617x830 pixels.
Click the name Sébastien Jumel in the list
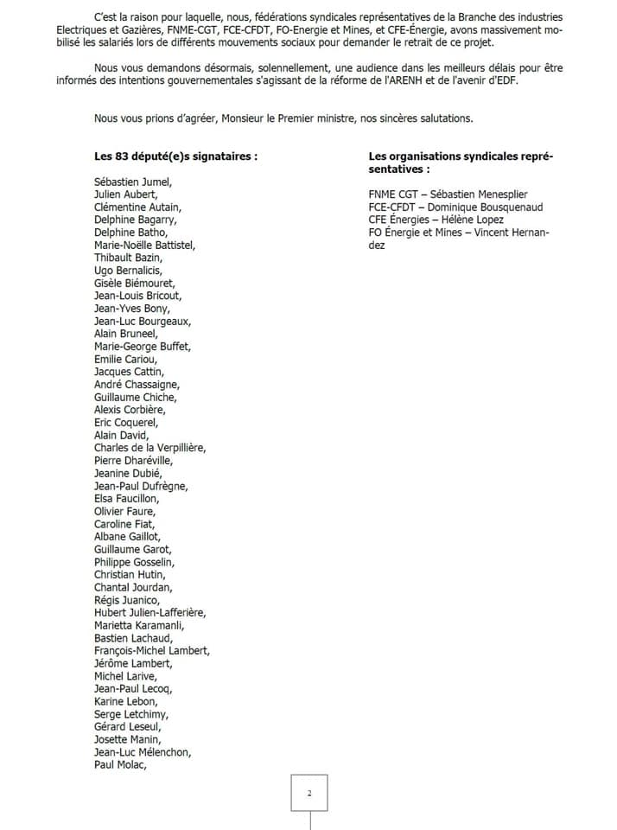tap(134, 182)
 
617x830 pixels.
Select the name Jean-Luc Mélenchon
tap(143, 752)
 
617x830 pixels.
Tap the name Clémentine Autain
tap(138, 207)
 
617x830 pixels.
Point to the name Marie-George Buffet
tap(143, 347)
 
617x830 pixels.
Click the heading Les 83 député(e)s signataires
tap(176, 156)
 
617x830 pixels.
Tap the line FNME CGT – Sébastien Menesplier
tap(448, 195)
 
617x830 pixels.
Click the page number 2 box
tap(309, 793)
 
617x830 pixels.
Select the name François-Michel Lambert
tap(152, 651)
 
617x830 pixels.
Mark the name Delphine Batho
tap(131, 233)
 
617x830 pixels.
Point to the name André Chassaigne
tap(137, 385)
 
